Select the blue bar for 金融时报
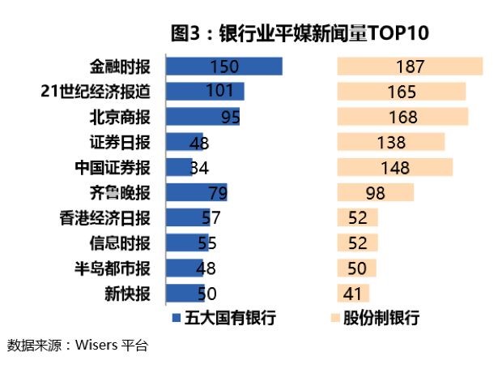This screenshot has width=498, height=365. pyautogui.click(x=223, y=67)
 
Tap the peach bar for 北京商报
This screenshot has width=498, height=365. pyautogui.click(x=402, y=117)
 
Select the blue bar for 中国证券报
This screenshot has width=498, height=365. pyautogui.click(x=178, y=168)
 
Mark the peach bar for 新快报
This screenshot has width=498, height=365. pyautogui.click(x=353, y=293)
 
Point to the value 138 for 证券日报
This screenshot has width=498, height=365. pyautogui.click(x=391, y=143)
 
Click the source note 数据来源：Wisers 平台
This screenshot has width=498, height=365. pyautogui.click(x=78, y=344)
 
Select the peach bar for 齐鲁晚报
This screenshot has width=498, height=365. pyautogui.click(x=375, y=193)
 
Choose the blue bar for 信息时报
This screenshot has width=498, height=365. pyautogui.click(x=186, y=243)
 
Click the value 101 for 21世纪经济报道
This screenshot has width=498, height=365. pyautogui.click(x=219, y=92)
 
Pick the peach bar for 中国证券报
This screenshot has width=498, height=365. pyautogui.click(x=394, y=168)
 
